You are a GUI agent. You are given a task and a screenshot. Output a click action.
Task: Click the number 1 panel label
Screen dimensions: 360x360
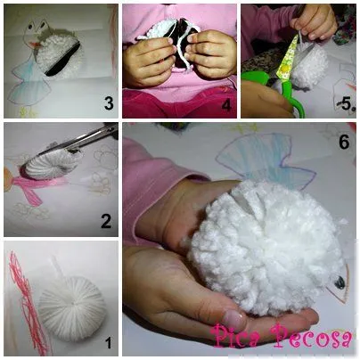109,343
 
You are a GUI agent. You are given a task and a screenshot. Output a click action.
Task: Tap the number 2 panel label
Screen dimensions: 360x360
106,221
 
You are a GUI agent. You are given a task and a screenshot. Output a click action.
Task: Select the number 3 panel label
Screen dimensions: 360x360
109,103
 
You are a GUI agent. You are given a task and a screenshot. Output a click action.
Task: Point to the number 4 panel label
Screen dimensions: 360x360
226,105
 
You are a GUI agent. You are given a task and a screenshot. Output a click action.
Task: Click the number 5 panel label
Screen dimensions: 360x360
347,103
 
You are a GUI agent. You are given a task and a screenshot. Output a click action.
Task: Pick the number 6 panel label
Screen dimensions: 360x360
344,142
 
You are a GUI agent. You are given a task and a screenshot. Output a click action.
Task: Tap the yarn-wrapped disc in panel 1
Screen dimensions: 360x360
72,308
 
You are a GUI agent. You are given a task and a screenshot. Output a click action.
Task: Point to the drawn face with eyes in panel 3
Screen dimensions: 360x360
37,29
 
